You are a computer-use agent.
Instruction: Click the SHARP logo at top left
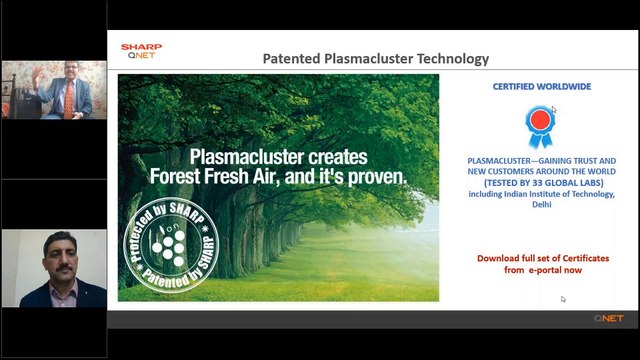pyautogui.click(x=141, y=46)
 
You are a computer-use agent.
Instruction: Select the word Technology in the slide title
pyautogui.click(x=449, y=59)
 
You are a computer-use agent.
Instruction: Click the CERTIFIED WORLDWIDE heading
pyautogui.click(x=541, y=87)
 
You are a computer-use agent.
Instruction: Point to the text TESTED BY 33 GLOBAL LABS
pyautogui.click(x=541, y=183)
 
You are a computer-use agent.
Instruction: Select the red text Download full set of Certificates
pyautogui.click(x=541, y=258)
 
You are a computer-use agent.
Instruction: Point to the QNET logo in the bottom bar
pyautogui.click(x=608, y=318)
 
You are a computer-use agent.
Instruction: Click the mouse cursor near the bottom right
pyautogui.click(x=563, y=299)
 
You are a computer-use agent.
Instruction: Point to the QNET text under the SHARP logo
pyautogui.click(x=137, y=56)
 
